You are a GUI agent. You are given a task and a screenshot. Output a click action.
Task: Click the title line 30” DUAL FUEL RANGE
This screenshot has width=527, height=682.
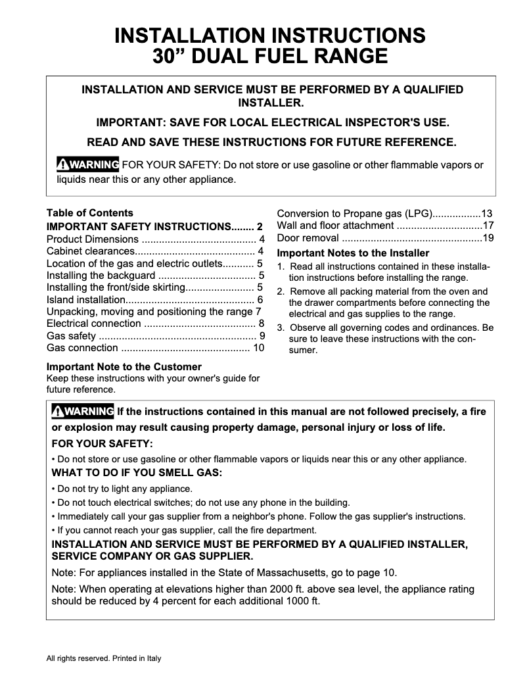[269, 56]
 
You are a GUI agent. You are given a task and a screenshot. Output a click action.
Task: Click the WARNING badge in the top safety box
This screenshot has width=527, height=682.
[88, 164]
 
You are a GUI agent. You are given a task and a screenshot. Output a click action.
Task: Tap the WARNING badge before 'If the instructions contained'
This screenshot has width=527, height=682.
[83, 412]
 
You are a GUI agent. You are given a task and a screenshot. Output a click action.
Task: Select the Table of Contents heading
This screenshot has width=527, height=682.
[89, 213]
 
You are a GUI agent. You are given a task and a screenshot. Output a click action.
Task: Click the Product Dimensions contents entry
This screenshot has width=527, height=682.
[93, 239]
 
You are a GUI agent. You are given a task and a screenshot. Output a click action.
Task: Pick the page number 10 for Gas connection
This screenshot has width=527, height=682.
[258, 348]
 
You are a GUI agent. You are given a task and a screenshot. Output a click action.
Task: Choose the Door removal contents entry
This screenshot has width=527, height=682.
[308, 238]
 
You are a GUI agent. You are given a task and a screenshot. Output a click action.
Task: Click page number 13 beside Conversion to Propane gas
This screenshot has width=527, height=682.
[487, 213]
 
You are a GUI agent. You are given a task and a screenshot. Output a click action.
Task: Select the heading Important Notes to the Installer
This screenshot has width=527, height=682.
[353, 253]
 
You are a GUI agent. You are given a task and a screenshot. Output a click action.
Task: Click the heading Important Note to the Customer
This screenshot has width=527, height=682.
[124, 366]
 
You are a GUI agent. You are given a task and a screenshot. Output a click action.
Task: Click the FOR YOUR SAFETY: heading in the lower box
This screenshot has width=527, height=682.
[102, 443]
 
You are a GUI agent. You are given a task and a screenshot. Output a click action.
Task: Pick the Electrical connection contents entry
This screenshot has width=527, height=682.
[94, 324]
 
